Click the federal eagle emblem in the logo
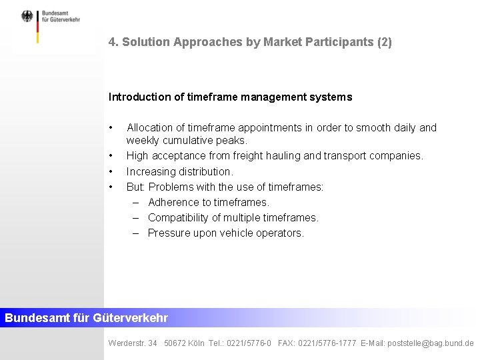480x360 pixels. [x=27, y=17]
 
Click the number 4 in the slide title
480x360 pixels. [x=112, y=42]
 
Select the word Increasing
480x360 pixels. [x=151, y=171]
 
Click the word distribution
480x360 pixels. [x=204, y=171]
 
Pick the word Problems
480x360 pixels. [x=171, y=187]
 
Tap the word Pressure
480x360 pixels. [x=169, y=233]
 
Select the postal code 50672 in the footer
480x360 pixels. [x=175, y=343]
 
